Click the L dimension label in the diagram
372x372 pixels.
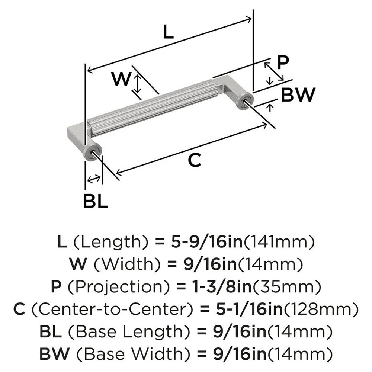click(168, 33)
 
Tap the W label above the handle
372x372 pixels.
click(122, 79)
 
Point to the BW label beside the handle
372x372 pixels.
click(298, 95)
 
